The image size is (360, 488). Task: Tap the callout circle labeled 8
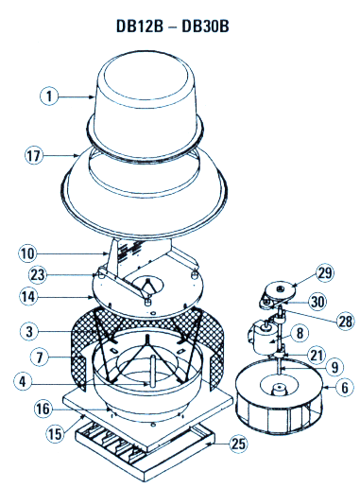299,333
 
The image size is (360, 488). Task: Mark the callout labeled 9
333,367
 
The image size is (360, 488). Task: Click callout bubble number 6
342,387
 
